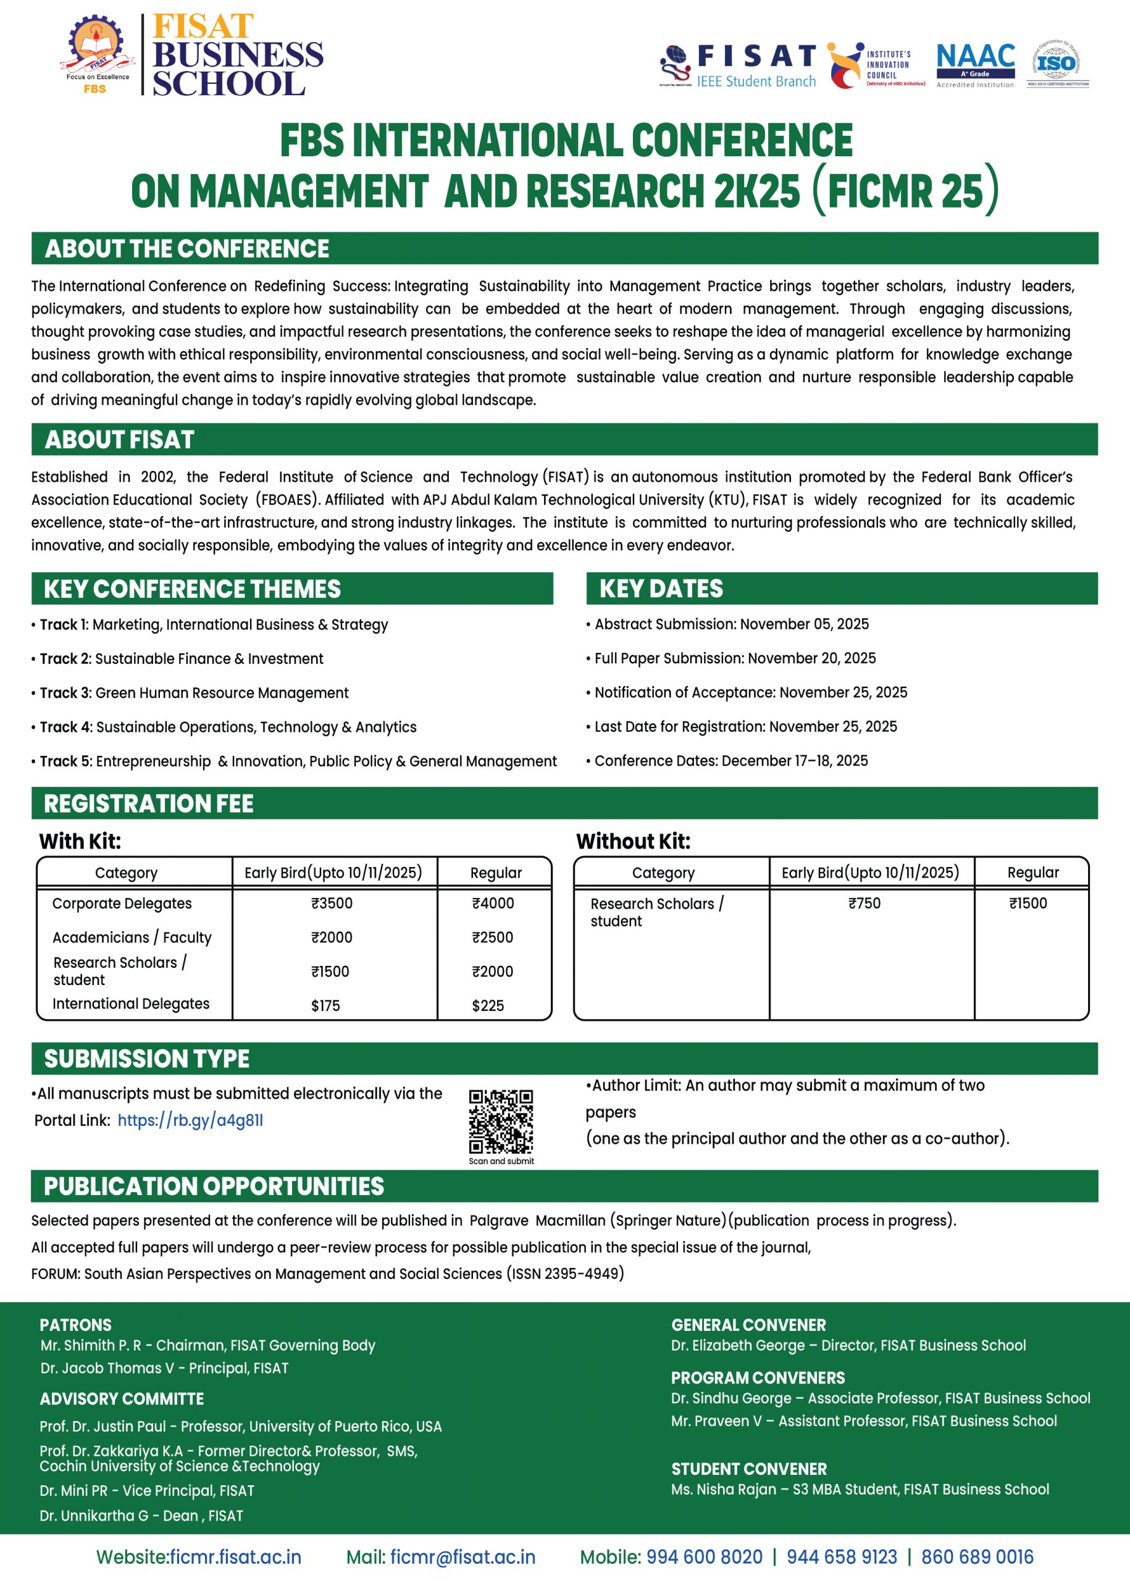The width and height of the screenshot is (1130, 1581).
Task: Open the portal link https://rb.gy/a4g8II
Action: (190, 1120)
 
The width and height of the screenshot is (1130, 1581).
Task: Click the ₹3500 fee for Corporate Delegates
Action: (332, 904)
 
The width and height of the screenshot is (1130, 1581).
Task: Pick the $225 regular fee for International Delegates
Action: (488, 1005)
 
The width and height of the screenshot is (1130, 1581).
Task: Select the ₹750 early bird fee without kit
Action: (864, 904)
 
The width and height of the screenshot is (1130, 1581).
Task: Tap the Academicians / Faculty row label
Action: (132, 937)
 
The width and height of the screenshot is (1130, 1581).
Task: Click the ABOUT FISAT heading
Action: (120, 440)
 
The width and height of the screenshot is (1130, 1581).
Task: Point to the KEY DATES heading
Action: (661, 589)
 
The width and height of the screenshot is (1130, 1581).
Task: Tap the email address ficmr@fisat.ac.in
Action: (462, 1557)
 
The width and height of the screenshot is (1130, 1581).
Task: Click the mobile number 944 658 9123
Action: (841, 1557)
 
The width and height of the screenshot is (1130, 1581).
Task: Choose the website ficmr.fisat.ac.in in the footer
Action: (235, 1557)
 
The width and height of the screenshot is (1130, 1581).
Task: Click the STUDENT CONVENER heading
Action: (748, 1469)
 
